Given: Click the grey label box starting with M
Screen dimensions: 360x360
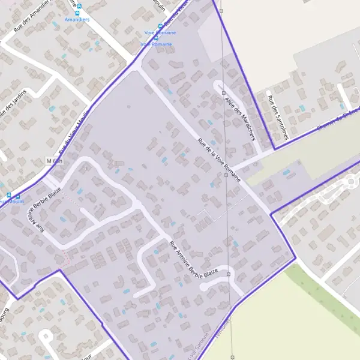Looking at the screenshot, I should [54, 161].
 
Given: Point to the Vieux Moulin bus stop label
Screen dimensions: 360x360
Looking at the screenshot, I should [13, 202].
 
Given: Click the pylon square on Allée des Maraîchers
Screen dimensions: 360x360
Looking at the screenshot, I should [223, 94].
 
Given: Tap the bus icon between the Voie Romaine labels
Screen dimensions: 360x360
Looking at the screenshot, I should [156, 38].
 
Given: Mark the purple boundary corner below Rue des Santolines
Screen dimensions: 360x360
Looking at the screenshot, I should [274, 149].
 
